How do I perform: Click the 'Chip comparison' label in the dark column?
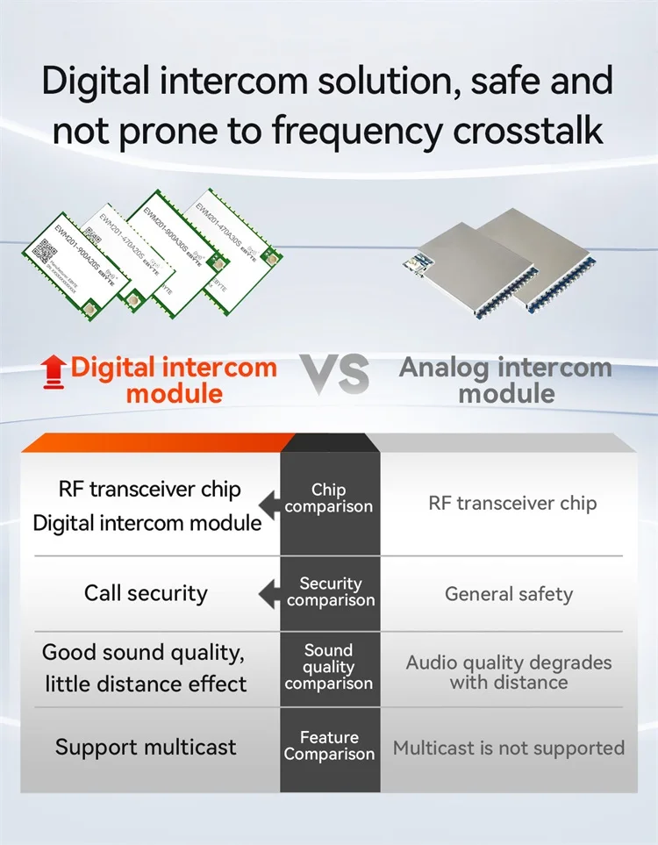tap(329, 498)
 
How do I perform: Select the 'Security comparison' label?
tap(330, 592)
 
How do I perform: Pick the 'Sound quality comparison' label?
tap(329, 667)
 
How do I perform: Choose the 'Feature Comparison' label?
tap(329, 746)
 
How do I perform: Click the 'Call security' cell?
tap(146, 593)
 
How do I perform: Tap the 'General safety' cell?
tap(509, 594)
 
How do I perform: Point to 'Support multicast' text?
tap(146, 748)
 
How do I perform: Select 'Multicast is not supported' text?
tap(509, 748)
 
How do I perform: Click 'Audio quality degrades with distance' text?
tap(509, 672)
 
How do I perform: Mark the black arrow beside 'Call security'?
tap(268, 594)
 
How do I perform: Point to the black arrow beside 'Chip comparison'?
tap(268, 501)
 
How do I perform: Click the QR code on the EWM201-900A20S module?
tap(44, 252)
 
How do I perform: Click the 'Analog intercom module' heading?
tap(505, 379)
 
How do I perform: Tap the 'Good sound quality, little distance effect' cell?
tap(146, 668)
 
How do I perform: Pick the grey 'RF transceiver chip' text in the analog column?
tap(512, 503)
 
